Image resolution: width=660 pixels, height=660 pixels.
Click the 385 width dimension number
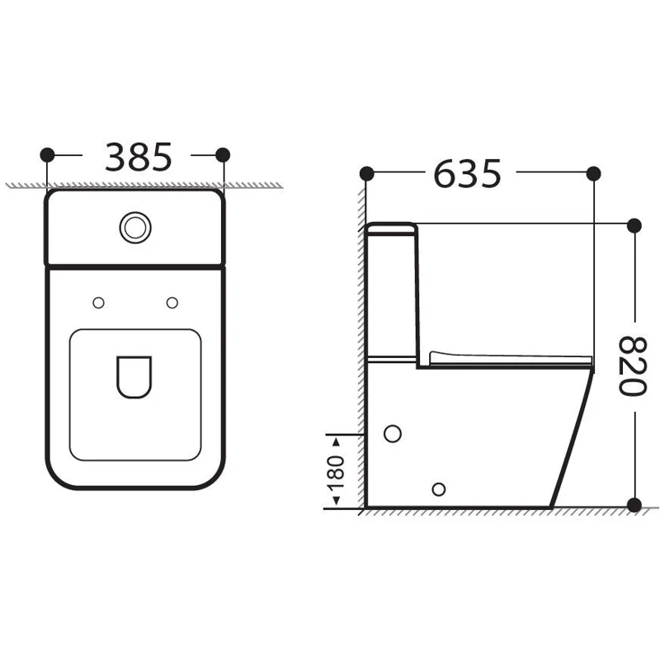[138, 156]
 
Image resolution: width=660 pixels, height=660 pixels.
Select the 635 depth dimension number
[467, 174]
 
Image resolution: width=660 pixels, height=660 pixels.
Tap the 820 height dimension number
[631, 365]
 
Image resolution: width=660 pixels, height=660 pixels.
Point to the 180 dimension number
[336, 471]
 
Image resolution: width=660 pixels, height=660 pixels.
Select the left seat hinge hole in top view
[98, 304]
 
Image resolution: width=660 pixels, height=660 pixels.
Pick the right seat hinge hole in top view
[172, 304]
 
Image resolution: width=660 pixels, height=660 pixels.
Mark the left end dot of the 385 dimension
[47, 154]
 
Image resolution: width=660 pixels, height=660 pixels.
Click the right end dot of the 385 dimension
[222, 154]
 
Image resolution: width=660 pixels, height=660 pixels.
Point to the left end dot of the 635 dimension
[367, 173]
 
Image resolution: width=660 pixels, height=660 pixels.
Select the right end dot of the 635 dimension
[592, 173]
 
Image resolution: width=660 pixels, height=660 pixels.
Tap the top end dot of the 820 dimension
[634, 224]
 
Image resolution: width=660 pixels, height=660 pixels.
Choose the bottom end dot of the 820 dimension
[634, 505]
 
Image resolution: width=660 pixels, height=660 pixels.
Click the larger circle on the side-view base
[394, 434]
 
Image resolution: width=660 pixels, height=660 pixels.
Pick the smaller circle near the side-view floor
[439, 488]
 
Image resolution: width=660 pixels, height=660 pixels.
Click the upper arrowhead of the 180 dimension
[336, 437]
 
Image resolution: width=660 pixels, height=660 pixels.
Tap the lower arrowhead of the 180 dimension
[336, 504]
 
